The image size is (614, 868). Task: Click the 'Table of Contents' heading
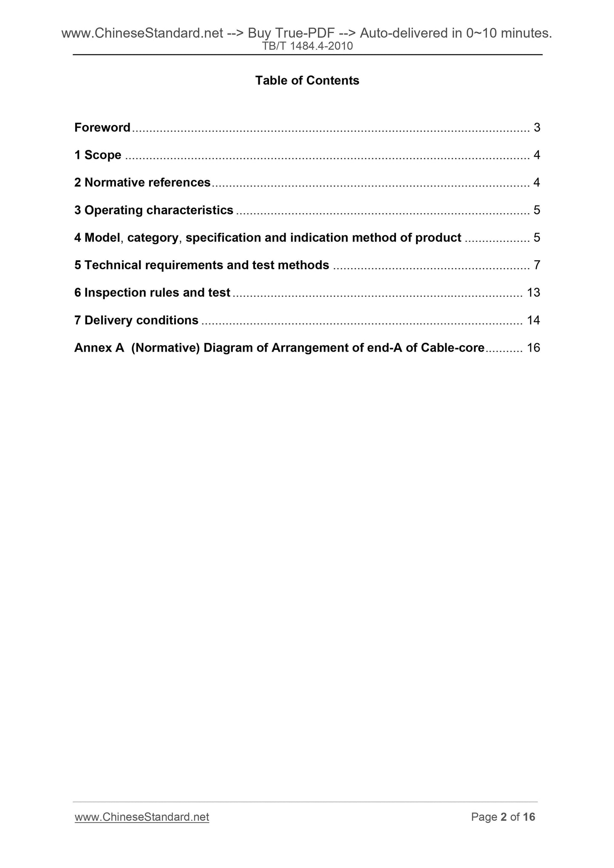click(307, 81)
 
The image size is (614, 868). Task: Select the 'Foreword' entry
click(102, 127)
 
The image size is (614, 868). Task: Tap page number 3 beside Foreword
click(537, 127)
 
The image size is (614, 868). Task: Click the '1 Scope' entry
click(98, 155)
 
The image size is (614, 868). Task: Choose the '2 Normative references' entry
click(142, 183)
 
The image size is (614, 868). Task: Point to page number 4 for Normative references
click(537, 183)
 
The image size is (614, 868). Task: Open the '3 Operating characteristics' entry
click(154, 210)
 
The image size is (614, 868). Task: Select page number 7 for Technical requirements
click(537, 265)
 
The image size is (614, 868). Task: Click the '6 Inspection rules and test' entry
click(152, 293)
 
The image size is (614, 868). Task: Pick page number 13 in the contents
click(533, 293)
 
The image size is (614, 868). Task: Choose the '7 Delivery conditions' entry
click(136, 320)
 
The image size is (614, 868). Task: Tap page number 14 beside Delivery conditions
click(533, 320)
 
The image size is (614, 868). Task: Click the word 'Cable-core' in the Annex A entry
click(453, 348)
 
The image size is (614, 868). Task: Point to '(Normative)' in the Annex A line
click(166, 348)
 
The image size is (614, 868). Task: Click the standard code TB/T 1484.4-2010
click(307, 46)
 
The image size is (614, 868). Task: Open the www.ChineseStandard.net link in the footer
click(142, 817)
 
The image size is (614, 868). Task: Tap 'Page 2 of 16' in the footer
click(503, 817)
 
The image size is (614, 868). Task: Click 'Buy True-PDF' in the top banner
click(289, 33)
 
